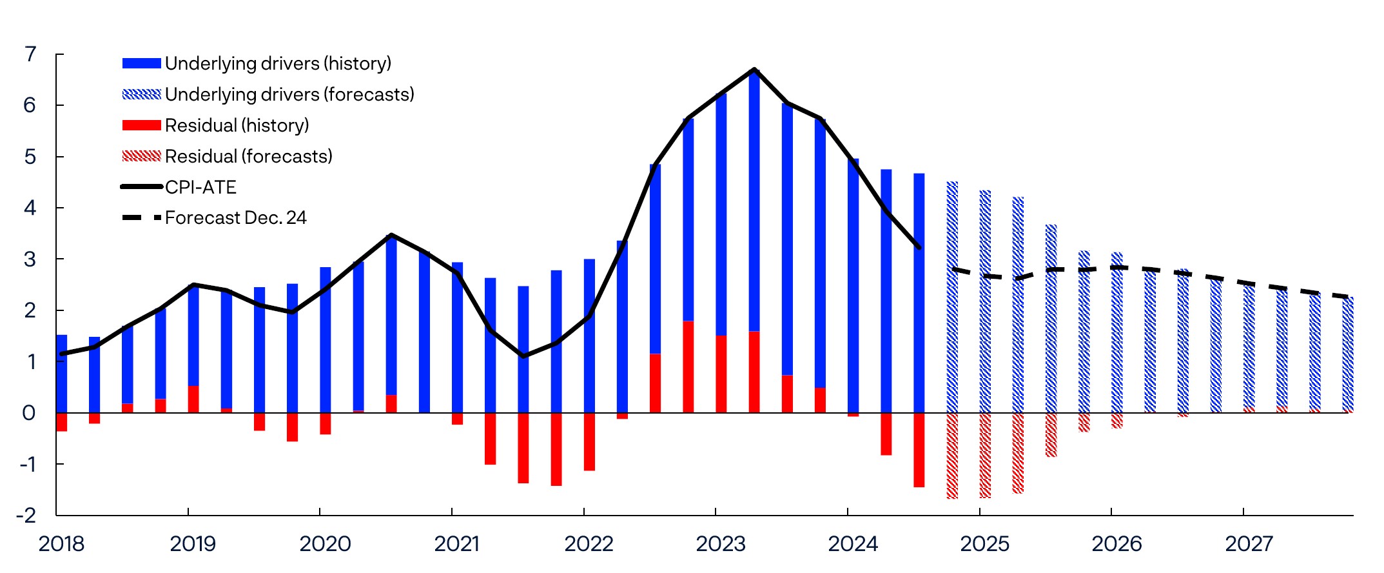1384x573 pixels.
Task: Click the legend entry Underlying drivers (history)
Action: tap(278, 63)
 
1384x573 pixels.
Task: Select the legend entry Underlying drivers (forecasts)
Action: tap(289, 94)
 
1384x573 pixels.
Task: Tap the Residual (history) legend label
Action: tap(237, 125)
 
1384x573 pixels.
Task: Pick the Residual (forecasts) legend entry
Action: tap(248, 156)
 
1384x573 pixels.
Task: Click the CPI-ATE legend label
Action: tap(200, 187)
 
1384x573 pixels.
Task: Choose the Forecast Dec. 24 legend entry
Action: tap(235, 218)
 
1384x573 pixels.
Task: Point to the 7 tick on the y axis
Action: tap(30, 54)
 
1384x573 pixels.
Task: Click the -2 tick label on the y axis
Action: tap(26, 516)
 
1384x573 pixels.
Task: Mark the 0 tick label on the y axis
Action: tap(29, 413)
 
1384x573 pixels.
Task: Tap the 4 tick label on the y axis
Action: tap(30, 208)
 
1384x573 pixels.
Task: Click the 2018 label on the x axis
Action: tap(61, 544)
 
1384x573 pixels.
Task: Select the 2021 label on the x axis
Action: tap(457, 544)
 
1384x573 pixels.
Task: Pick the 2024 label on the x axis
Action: tap(853, 544)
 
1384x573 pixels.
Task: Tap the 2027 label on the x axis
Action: tap(1249, 544)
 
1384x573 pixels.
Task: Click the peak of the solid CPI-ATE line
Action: tap(754, 69)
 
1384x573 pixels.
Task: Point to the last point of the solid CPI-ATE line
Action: tap(919, 248)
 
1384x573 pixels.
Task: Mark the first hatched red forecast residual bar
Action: tap(952, 456)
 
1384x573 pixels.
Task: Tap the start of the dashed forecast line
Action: tap(952, 268)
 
